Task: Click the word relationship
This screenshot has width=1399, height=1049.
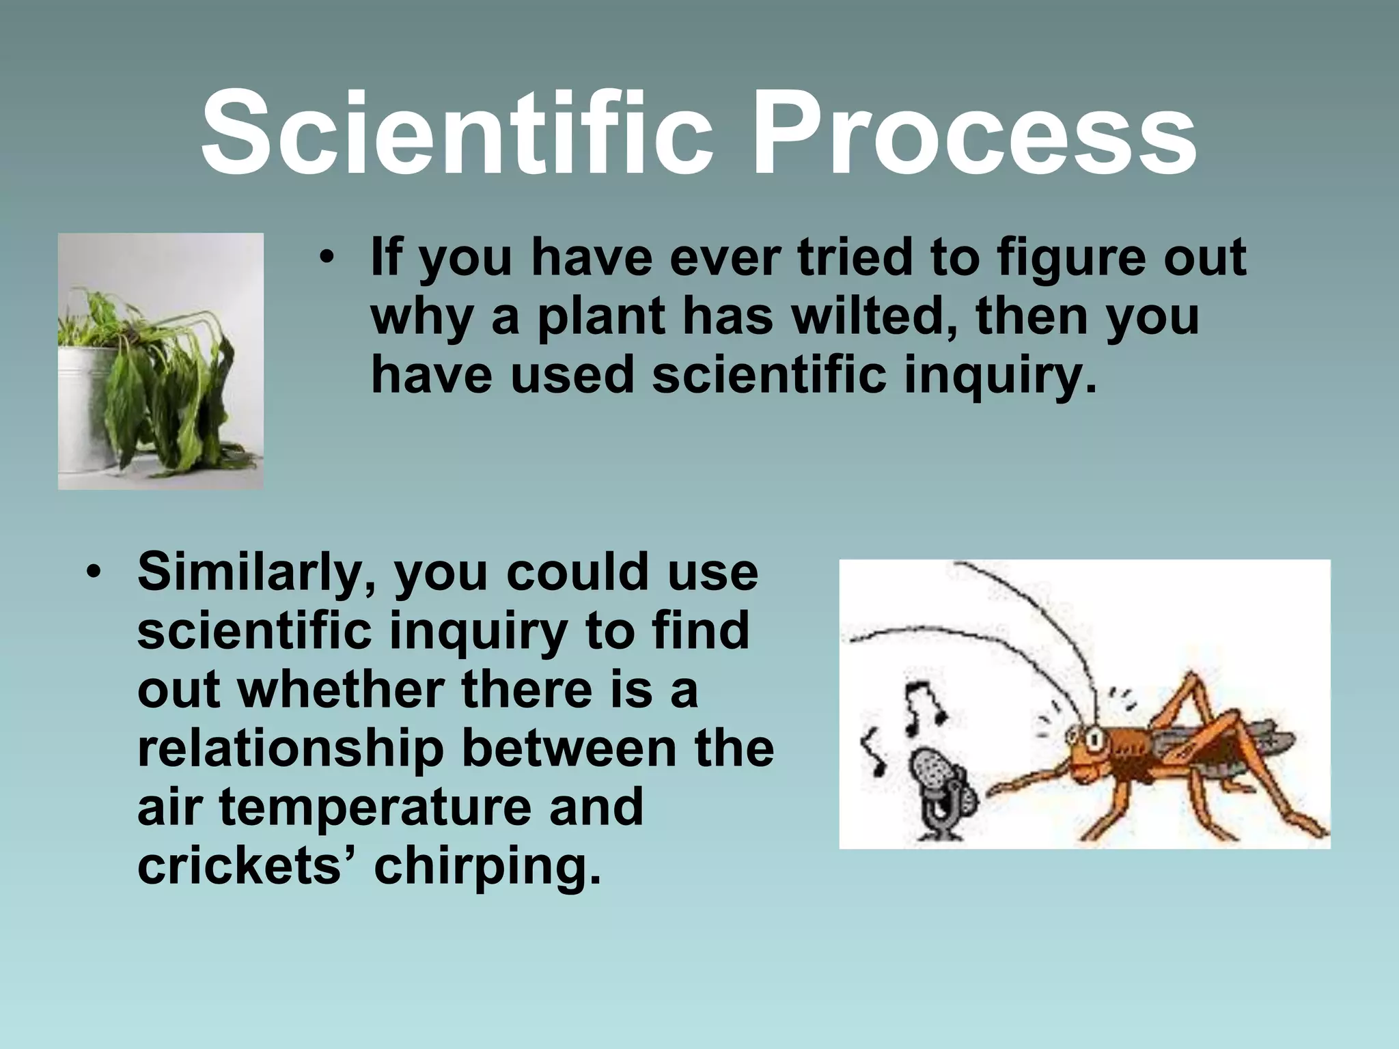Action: tap(290, 749)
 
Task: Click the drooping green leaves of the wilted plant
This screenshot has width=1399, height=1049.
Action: tap(171, 389)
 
